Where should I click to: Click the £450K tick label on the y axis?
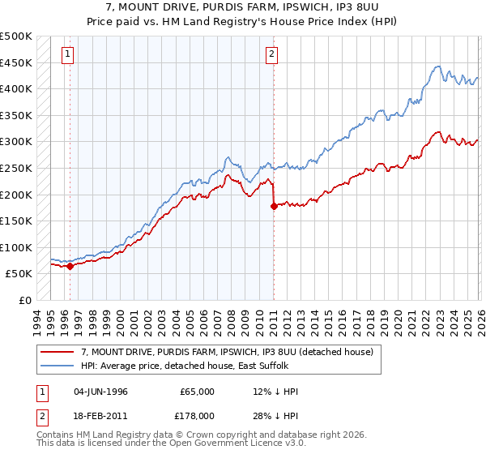16,62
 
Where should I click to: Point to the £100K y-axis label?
16,247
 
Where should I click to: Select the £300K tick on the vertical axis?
16,142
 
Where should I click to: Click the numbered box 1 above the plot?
66,54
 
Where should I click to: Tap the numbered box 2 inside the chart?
271,54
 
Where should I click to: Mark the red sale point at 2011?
274,206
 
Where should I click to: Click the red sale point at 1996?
70,265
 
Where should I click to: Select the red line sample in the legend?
57,353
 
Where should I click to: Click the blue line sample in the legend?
57,366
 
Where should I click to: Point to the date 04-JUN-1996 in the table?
100,392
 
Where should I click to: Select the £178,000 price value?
197,415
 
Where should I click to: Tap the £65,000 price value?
197,392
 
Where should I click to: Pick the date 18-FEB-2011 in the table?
100,415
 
